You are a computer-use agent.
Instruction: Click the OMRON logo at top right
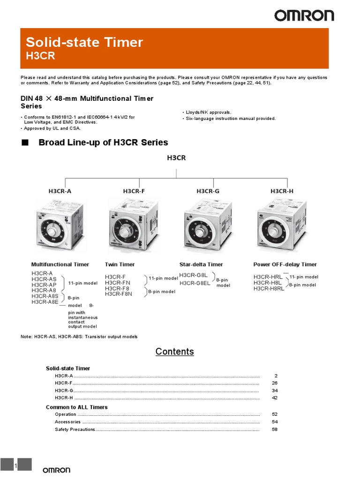click(304, 16)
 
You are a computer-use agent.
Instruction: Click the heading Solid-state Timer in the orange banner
click(84, 42)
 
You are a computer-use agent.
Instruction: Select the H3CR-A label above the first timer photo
click(60, 191)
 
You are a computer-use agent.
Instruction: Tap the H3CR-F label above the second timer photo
click(134, 191)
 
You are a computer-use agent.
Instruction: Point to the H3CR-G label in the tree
click(208, 191)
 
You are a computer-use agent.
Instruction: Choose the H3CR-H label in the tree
click(282, 191)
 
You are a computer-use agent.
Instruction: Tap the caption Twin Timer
click(120, 264)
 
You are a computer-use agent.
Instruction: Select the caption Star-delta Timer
click(201, 264)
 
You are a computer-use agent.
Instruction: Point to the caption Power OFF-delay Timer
click(285, 264)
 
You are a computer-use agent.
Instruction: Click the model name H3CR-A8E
click(45, 302)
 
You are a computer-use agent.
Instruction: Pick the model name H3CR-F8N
click(119, 294)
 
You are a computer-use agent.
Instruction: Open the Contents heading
click(174, 352)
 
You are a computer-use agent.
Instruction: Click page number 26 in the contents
click(275, 383)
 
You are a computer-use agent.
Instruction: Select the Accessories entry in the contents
click(67, 422)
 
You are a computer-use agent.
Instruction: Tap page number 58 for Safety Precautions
click(275, 429)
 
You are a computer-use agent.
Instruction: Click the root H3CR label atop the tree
click(176, 158)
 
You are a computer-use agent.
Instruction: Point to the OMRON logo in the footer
click(57, 470)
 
